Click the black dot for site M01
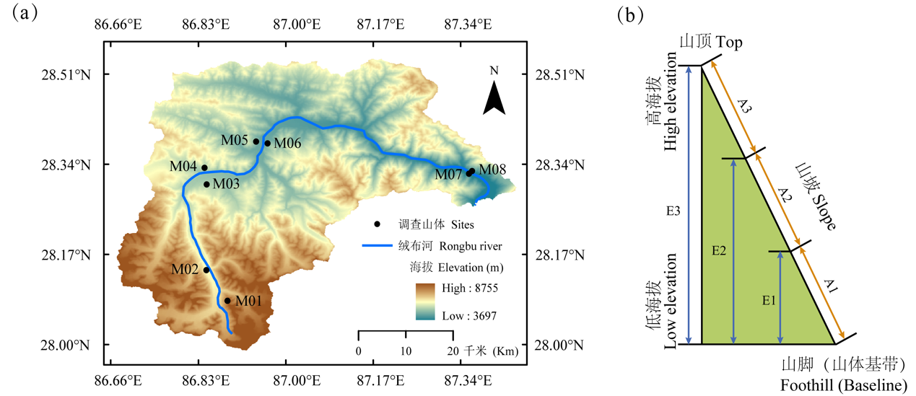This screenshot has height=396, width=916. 227,301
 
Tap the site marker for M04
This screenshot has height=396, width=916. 204,167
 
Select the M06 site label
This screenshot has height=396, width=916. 287,143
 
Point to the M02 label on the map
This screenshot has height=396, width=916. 185,269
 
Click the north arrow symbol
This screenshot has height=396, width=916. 494,97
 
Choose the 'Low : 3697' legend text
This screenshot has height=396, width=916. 468,315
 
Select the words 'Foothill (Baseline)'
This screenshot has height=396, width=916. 843,385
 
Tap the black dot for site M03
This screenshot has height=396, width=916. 206,184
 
